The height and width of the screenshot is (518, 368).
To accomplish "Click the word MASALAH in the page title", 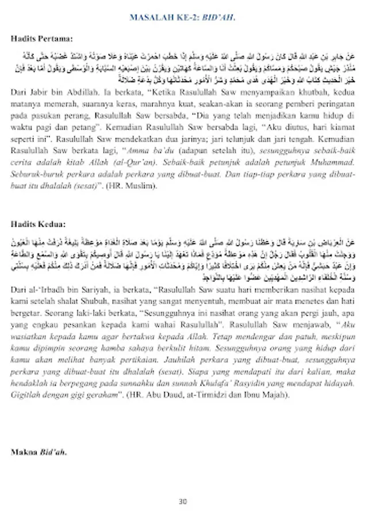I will (x=151, y=17).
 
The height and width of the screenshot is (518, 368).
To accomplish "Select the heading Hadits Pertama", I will (x=42, y=39).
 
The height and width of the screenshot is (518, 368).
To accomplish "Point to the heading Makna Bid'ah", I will (x=39, y=451).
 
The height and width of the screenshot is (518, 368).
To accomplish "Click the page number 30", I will (x=183, y=501).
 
